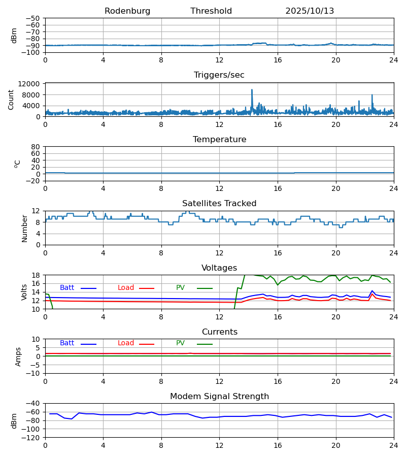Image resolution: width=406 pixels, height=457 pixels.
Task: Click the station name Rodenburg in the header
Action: pos(127,11)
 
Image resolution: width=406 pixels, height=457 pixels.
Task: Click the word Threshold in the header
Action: pos(211,11)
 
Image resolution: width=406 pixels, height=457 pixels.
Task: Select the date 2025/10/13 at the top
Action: pos(310,11)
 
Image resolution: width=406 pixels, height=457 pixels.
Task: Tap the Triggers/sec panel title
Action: pos(219,75)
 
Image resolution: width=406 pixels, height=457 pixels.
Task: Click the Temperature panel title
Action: pos(219,140)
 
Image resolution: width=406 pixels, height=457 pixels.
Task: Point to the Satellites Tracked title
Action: pos(219,204)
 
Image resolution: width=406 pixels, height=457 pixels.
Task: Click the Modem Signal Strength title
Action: pos(219,397)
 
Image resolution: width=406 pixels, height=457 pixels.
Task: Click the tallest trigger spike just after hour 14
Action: pos(252,90)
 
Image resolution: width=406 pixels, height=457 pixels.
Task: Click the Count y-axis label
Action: pos(11,100)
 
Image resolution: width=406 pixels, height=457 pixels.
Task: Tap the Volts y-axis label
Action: pos(24,292)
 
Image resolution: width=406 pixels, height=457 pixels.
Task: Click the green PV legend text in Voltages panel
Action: pos(180,288)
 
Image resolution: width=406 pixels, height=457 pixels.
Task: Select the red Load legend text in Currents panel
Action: pos(126,343)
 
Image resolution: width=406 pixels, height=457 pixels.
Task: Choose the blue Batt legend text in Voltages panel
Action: pos(67,288)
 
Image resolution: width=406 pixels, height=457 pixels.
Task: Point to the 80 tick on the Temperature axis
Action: pos(36,147)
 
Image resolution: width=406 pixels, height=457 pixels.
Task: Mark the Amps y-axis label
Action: pos(19,356)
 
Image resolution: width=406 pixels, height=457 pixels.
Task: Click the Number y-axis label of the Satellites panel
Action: pos(24,228)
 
